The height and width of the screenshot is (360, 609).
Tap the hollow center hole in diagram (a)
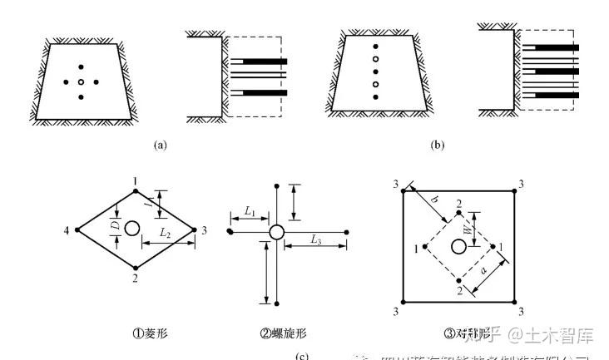81,82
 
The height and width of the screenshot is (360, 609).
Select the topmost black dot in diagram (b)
376,47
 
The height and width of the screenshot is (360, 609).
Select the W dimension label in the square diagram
468,226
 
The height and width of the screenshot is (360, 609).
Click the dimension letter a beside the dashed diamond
486,268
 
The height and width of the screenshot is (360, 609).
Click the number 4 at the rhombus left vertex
67,229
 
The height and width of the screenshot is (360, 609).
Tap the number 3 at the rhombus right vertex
204,229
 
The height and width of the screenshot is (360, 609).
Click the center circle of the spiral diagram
277,231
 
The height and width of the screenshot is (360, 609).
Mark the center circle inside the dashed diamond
458,246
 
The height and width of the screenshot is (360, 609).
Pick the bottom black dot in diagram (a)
81,97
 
